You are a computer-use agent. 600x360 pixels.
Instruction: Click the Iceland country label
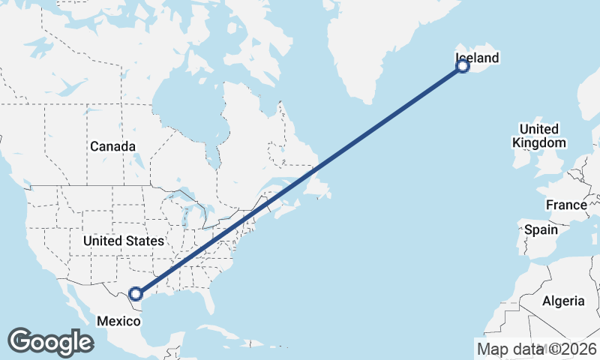477,58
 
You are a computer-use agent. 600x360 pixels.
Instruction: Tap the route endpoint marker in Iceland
463,67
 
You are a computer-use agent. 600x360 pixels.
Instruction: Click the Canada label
112,146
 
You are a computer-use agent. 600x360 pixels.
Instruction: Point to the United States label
123,241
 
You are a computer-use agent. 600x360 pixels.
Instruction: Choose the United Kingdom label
538,136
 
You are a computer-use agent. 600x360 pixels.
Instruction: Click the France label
566,205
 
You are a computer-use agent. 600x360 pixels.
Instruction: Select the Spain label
541,229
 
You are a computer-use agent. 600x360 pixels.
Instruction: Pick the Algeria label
563,301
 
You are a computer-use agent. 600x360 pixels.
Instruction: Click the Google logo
50,342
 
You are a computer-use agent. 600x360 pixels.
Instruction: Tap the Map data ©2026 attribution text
537,349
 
